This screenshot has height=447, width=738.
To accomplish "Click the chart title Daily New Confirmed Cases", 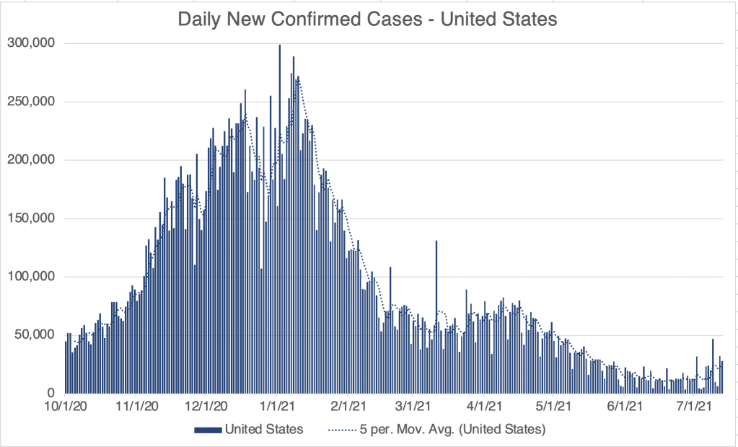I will tap(368, 19).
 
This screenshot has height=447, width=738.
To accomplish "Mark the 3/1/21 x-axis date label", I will tap(413, 408).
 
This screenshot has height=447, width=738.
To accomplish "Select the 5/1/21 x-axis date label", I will tap(553, 408).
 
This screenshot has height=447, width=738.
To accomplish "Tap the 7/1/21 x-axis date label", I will tap(694, 408).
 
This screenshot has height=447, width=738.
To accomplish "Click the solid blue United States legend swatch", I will tap(208, 430).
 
